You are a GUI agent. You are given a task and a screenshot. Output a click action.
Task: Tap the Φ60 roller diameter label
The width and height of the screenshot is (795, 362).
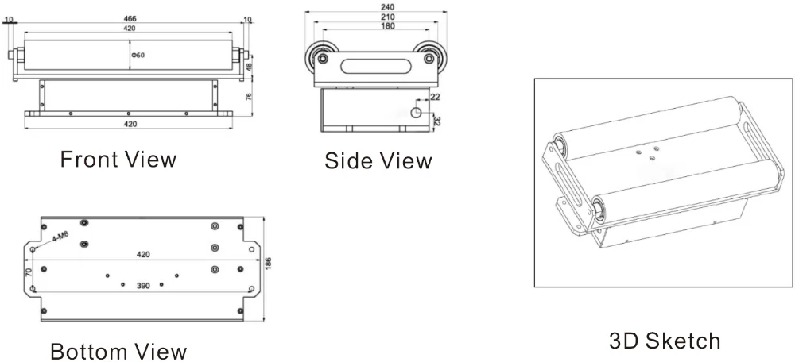tap(138, 56)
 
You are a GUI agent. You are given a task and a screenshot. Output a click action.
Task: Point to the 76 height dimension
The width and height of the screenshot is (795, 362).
tap(249, 98)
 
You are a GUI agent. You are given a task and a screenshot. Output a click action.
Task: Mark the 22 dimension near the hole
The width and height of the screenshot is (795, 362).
tap(434, 97)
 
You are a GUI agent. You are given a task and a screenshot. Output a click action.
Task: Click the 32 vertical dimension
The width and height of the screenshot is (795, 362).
tap(436, 121)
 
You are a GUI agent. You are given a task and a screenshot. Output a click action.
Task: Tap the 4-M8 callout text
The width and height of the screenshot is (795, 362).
tap(60, 236)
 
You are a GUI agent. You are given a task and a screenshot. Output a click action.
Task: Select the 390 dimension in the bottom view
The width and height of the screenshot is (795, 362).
tap(143, 285)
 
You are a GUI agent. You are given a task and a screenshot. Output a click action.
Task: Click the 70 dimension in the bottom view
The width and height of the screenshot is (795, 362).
tap(29, 272)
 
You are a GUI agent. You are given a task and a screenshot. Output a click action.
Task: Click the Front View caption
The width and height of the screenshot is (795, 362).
tap(118, 159)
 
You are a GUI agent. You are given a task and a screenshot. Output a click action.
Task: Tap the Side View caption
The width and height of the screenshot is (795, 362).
tap(378, 161)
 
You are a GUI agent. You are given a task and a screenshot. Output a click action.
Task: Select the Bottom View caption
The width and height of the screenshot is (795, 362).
tap(118, 351)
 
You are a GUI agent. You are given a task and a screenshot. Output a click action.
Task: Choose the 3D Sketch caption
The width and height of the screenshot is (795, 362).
tap(665, 341)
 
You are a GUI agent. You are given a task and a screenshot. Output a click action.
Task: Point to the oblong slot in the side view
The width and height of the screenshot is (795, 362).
tap(372, 63)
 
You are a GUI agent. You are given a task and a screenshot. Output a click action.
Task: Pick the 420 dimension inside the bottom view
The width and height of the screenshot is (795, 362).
tap(143, 255)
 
